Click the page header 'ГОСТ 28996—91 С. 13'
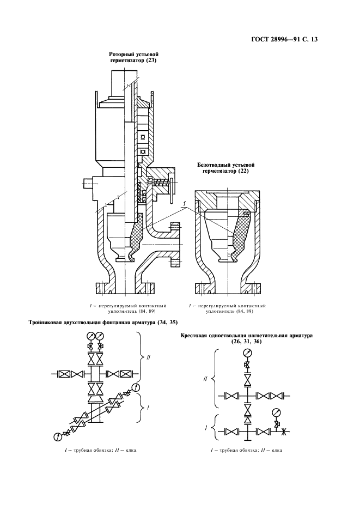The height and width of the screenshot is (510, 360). point(284,40)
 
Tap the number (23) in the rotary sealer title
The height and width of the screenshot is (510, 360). point(150,60)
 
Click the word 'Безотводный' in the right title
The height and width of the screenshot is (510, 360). point(211,165)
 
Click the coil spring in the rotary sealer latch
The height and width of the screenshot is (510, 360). point(161,183)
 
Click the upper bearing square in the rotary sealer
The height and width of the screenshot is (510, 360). point(142,138)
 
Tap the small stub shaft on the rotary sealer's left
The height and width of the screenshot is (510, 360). point(87,183)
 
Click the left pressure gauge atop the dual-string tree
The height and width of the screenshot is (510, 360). point(90,335)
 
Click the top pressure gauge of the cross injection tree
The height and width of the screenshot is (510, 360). point(248,352)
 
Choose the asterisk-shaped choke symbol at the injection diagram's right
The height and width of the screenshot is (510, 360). point(283,432)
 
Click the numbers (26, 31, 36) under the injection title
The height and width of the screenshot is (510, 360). point(247,342)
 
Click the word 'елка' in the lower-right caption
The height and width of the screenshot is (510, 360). point(277,450)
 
